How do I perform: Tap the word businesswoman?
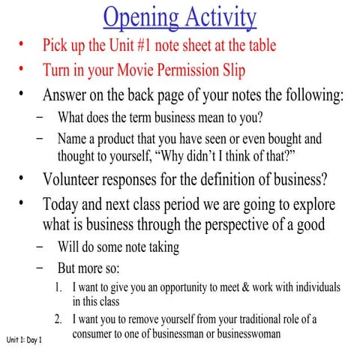coord(245,334)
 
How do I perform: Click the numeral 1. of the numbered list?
coord(59,287)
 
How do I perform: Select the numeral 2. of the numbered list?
coord(59,319)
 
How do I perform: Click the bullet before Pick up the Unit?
coord(22,45)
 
